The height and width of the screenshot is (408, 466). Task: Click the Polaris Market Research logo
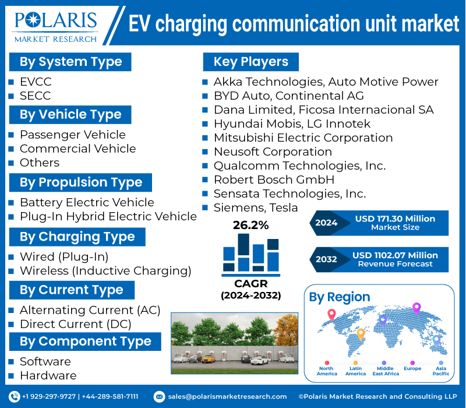[x=56, y=24]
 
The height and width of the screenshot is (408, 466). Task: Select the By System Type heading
[x=70, y=62]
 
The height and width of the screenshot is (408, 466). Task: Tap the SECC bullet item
[x=35, y=96]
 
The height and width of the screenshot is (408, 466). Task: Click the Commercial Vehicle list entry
[x=77, y=149]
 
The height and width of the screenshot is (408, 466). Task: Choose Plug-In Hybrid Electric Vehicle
[x=108, y=216]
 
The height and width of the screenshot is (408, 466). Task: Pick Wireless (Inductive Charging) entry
[x=105, y=270]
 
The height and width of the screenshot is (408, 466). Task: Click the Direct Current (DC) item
[x=75, y=324]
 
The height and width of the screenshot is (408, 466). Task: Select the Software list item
[x=45, y=361]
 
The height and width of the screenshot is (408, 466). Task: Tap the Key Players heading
[x=250, y=62]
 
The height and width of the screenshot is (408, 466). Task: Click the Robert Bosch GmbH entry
[x=274, y=180]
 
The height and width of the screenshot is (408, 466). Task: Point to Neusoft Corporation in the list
[x=273, y=152]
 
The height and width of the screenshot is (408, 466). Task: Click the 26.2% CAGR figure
[x=250, y=226]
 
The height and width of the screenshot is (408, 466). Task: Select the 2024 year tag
[x=326, y=223]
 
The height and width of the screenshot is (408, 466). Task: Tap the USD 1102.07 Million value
[x=395, y=255]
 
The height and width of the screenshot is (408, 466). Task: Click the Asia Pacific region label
[x=441, y=371]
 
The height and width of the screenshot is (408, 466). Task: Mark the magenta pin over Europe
[x=416, y=308]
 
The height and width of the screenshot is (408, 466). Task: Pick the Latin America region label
[x=355, y=371]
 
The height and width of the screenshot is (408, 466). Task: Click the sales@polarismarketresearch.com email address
[x=227, y=396]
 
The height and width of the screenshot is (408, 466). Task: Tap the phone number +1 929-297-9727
[x=49, y=396]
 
